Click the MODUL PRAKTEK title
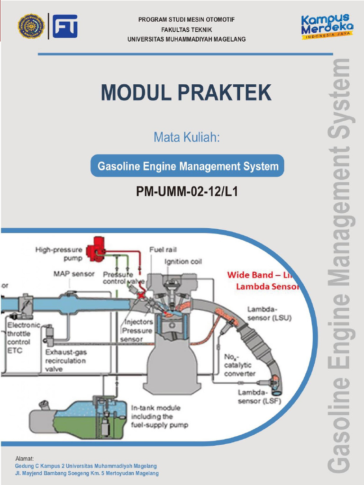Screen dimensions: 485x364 (186, 93)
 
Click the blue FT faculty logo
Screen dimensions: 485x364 (65, 26)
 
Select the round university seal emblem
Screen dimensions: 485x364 (31, 26)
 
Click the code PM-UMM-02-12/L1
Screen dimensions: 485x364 (186, 192)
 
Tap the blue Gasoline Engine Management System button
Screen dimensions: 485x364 (188, 166)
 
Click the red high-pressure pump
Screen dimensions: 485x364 (96, 249)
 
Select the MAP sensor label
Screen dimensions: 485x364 (73, 274)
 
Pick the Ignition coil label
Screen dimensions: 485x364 (183, 261)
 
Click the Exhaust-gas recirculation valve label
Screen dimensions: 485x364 (66, 360)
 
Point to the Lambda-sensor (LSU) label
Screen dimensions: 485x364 (269, 314)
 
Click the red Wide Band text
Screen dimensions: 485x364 (250, 275)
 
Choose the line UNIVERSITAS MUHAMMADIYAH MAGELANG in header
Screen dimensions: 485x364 (186, 39)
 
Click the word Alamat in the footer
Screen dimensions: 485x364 (25, 458)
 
